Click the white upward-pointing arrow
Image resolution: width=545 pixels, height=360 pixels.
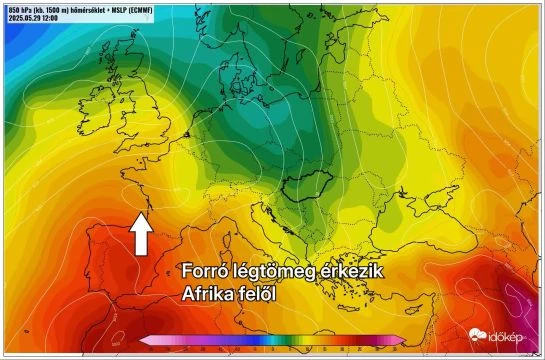[x=141, y=235]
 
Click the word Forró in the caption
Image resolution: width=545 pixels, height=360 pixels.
[x=206, y=273]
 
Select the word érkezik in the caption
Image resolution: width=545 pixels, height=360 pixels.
[x=349, y=273]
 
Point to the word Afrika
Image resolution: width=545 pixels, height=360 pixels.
[x=212, y=295]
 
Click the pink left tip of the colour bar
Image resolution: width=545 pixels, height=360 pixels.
[x=145, y=341]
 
